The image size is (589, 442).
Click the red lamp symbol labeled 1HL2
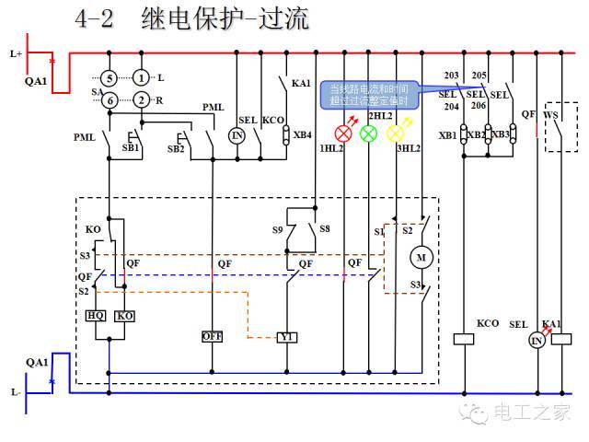click(343, 133)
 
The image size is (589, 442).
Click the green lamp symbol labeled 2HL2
click(368, 133)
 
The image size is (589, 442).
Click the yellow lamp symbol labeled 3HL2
click(395, 133)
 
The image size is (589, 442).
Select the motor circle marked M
click(422, 256)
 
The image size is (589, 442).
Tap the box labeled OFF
click(213, 337)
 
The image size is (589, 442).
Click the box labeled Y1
click(287, 337)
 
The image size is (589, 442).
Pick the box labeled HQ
click(96, 315)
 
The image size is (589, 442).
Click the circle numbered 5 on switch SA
click(109, 77)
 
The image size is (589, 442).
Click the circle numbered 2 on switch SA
click(141, 99)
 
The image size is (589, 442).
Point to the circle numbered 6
click(109, 99)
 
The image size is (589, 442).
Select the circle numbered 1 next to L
click(141, 77)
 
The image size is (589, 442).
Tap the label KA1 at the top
click(301, 84)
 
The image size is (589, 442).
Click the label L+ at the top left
click(16, 54)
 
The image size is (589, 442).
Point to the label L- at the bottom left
click(16, 392)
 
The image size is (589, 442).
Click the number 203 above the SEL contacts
click(451, 76)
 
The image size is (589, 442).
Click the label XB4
click(302, 135)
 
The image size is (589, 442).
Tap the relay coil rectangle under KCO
click(466, 339)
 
